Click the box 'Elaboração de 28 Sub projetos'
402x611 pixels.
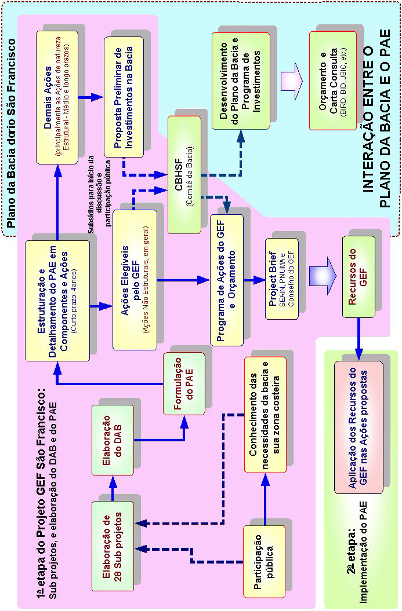pyautogui.click(x=113, y=546)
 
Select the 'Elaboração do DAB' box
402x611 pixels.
pyautogui.click(x=113, y=441)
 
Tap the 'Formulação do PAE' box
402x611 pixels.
pyautogui.click(x=183, y=383)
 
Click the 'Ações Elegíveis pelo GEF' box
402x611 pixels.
pyautogui.click(x=135, y=280)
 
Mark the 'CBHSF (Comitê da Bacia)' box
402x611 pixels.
pyautogui.click(x=184, y=167)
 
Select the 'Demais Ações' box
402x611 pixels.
pyautogui.click(x=57, y=97)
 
